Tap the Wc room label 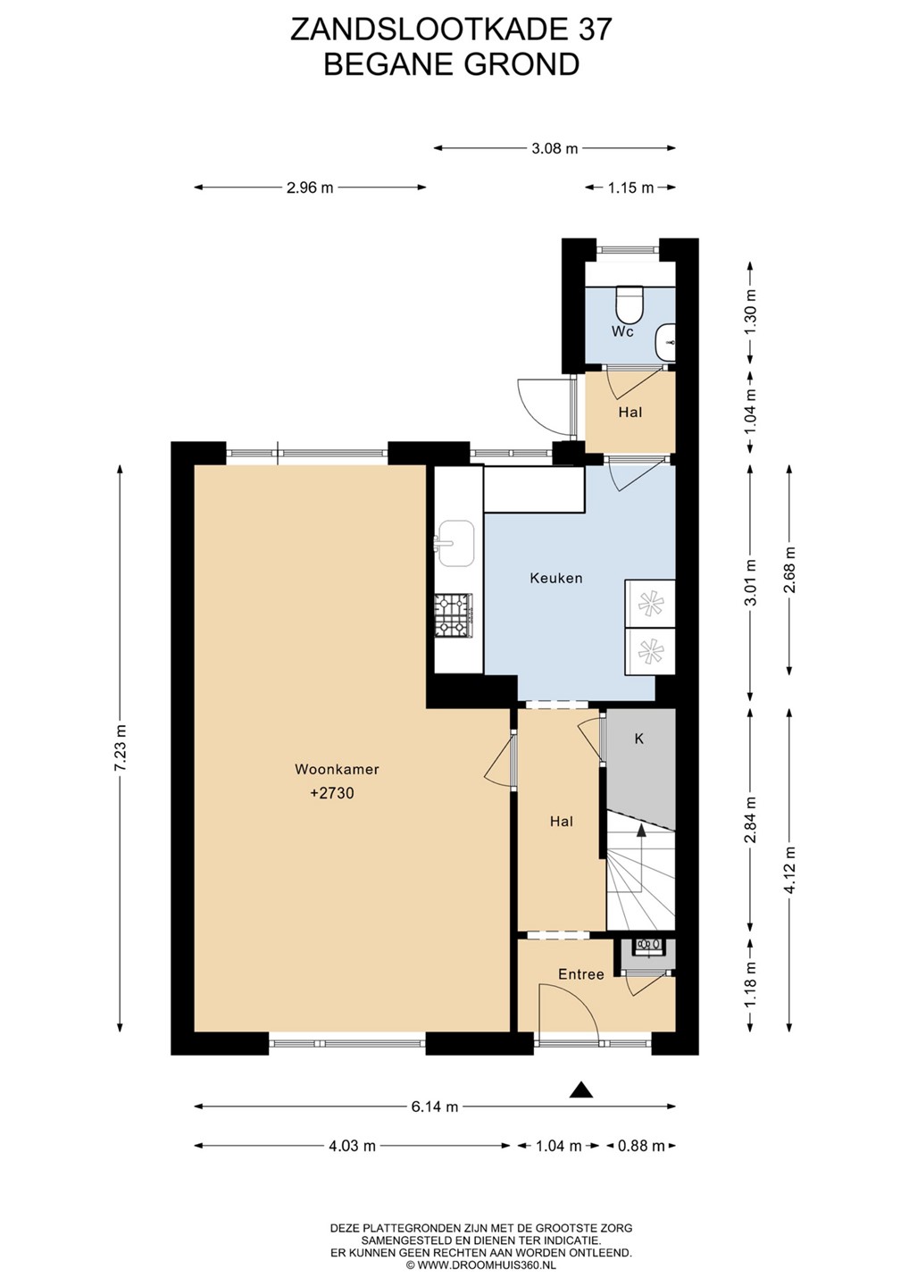pos(622,332)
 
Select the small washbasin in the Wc pos(665,342)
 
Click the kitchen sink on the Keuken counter pos(455,544)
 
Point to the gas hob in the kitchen pos(454,616)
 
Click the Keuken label pos(555,578)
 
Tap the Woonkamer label pos(337,769)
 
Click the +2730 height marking pos(332,793)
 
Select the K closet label pos(638,739)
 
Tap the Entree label pos(581,974)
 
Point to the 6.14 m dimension pos(435,1106)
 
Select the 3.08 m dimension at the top pos(555,148)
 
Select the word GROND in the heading pos(521,65)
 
